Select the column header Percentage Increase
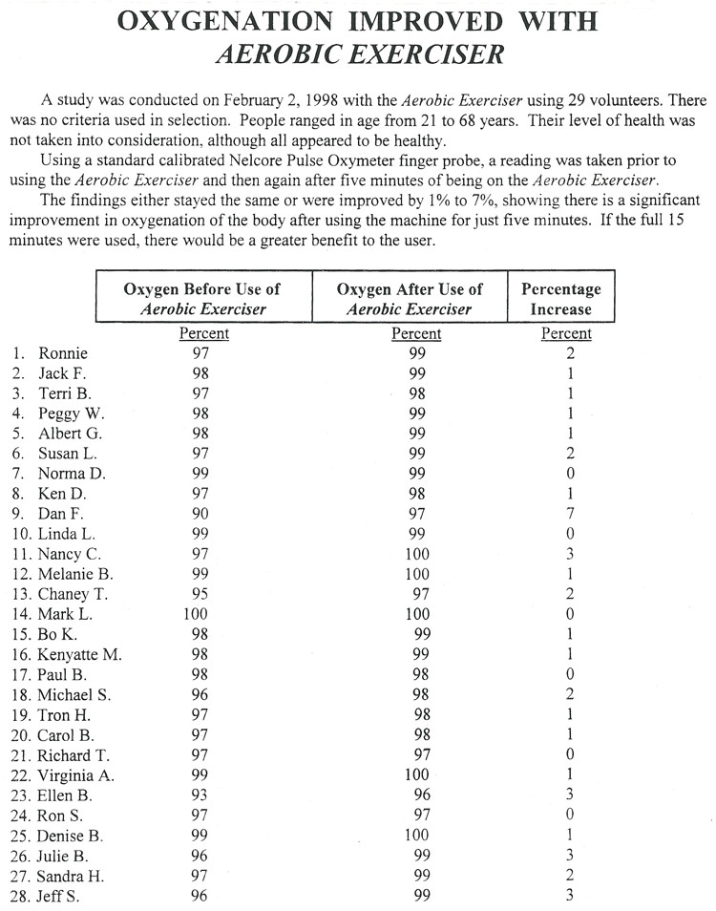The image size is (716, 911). [x=560, y=298]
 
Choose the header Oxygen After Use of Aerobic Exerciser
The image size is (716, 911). [x=411, y=298]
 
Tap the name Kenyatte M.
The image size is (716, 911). [x=80, y=655]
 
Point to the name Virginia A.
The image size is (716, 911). [x=76, y=775]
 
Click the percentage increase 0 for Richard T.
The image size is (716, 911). [x=570, y=755]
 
